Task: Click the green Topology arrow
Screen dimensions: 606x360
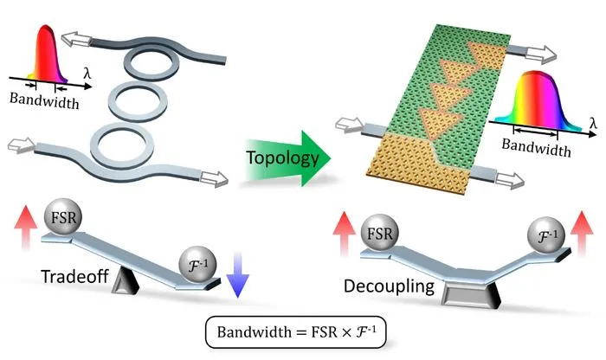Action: [288, 158]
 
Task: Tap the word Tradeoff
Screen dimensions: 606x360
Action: [74, 277]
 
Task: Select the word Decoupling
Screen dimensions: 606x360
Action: [389, 286]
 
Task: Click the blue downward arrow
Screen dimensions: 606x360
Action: [238, 274]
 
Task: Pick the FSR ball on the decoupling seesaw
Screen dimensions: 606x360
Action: [379, 233]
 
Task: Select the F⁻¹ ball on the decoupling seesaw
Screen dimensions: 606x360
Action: [546, 235]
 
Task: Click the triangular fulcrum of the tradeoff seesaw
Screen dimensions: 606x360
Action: [126, 281]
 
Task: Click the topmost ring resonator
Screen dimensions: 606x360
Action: [151, 62]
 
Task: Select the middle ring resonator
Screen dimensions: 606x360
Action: [138, 101]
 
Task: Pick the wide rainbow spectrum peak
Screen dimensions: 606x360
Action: [538, 100]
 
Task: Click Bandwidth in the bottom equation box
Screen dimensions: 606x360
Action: [254, 332]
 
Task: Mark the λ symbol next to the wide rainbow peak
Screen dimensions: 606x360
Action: [593, 123]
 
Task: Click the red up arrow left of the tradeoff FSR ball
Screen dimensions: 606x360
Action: [25, 228]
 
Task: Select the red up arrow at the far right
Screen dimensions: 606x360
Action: [582, 234]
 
